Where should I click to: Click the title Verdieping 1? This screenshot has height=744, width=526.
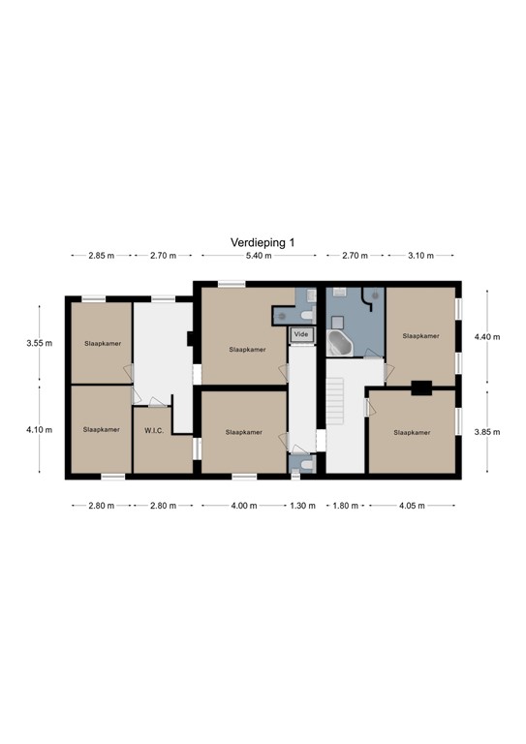coord(263,242)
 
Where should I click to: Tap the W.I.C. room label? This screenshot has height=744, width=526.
coord(154,431)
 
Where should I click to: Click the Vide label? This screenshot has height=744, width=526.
coord(301,334)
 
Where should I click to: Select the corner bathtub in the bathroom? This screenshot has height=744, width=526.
coord(340,343)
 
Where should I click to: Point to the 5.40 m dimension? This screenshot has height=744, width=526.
coord(259,256)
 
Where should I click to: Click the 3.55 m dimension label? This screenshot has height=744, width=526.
coord(40,343)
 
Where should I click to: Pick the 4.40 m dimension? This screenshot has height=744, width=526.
coord(487,337)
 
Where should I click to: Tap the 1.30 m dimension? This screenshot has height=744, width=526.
coord(302,506)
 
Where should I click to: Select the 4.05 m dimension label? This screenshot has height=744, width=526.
coord(412,506)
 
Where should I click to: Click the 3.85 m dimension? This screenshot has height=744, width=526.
coord(487,432)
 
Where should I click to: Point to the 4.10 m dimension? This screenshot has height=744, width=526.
coord(40,430)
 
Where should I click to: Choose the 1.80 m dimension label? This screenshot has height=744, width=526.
coord(345,506)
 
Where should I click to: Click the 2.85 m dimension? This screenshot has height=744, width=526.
coord(102,256)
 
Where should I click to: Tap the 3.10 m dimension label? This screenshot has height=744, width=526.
coord(420,256)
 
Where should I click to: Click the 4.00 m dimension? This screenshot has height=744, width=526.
coord(244,506)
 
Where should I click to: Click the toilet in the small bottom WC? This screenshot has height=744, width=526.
coord(307,465)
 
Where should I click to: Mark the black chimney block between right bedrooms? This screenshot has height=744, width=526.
coord(421,387)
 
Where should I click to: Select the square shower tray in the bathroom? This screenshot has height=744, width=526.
coord(337,323)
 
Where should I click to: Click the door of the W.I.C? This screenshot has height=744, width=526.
coord(157,402)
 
